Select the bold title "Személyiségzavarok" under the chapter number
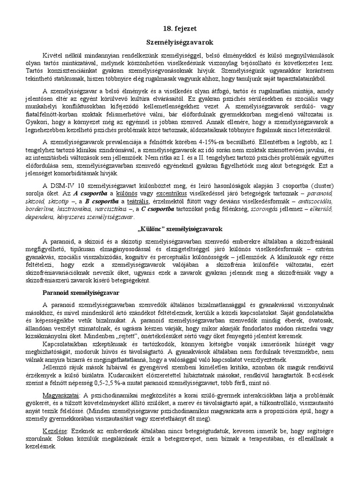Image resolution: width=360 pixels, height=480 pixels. [180, 42]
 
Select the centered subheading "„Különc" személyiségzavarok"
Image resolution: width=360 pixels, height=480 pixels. [180, 229]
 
